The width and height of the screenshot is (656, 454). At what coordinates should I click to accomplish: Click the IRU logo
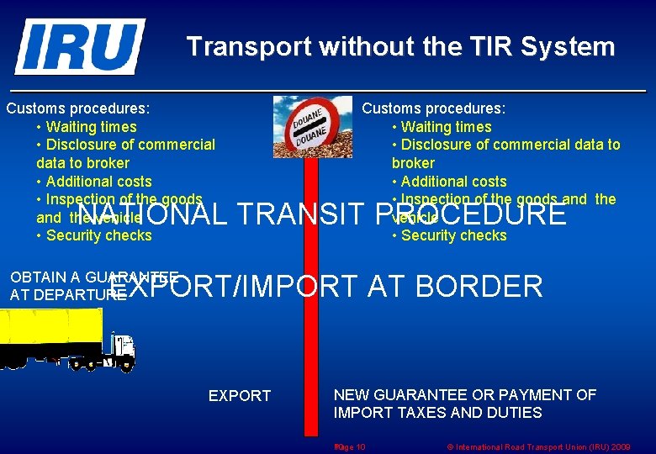click(x=80, y=46)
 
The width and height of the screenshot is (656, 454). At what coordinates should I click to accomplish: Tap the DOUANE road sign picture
click(x=312, y=126)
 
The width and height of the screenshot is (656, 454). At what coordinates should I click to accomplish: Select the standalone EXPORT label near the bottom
click(x=240, y=396)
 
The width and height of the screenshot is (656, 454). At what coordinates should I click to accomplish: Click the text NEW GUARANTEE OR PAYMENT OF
click(x=465, y=395)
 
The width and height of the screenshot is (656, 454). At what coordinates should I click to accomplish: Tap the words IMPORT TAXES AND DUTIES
click(x=437, y=413)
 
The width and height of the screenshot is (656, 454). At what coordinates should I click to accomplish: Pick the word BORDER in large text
click(x=479, y=287)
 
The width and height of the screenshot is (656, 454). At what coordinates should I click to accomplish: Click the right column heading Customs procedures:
click(x=434, y=108)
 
